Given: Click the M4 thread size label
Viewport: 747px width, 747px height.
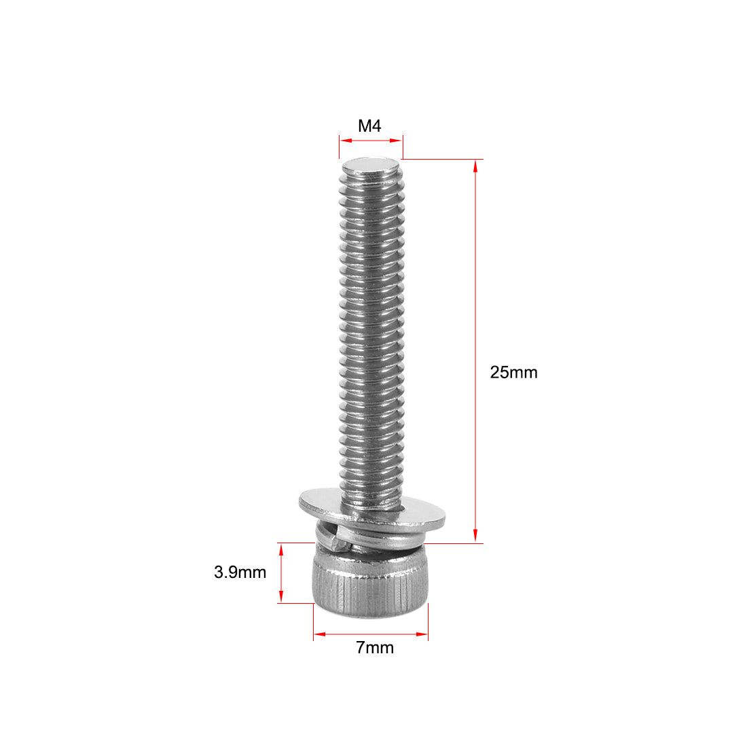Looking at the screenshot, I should (370, 126).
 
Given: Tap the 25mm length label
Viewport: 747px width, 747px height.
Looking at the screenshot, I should (513, 372).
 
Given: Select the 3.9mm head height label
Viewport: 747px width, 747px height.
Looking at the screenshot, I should (240, 572).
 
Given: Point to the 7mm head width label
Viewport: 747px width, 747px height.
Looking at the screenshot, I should (375, 648).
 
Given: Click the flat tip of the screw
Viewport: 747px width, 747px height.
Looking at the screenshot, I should (371, 164).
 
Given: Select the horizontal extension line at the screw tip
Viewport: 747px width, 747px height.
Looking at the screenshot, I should (441, 160).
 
